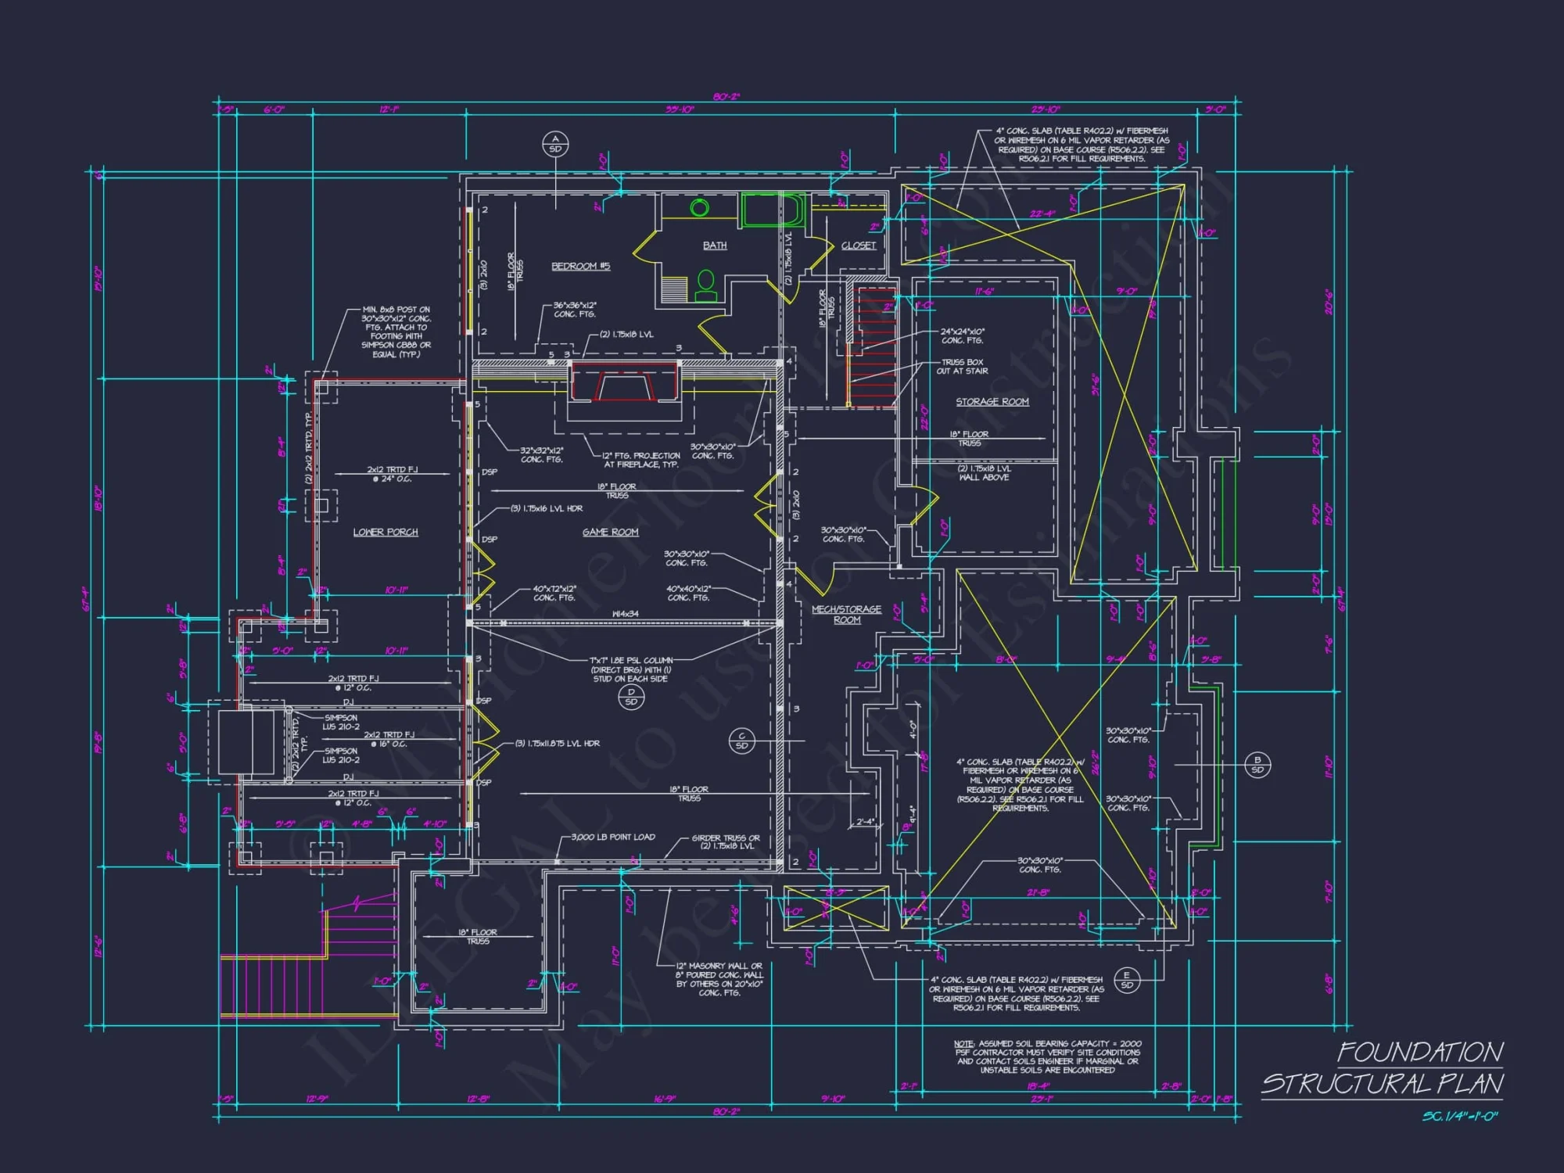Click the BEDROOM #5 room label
[580, 267]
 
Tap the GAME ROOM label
[610, 533]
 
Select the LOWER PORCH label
[386, 533]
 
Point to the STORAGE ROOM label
[992, 402]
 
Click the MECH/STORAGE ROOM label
[846, 614]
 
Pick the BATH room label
[714, 246]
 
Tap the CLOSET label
[859, 246]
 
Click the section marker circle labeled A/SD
[555, 144]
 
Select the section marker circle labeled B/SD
[1257, 765]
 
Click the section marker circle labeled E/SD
[1127, 980]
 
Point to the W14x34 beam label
[625, 614]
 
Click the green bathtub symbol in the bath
[772, 210]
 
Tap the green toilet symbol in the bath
[705, 286]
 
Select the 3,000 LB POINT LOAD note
[613, 838]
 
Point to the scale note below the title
[1459, 1117]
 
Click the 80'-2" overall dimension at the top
[726, 97]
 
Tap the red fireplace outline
[624, 383]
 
